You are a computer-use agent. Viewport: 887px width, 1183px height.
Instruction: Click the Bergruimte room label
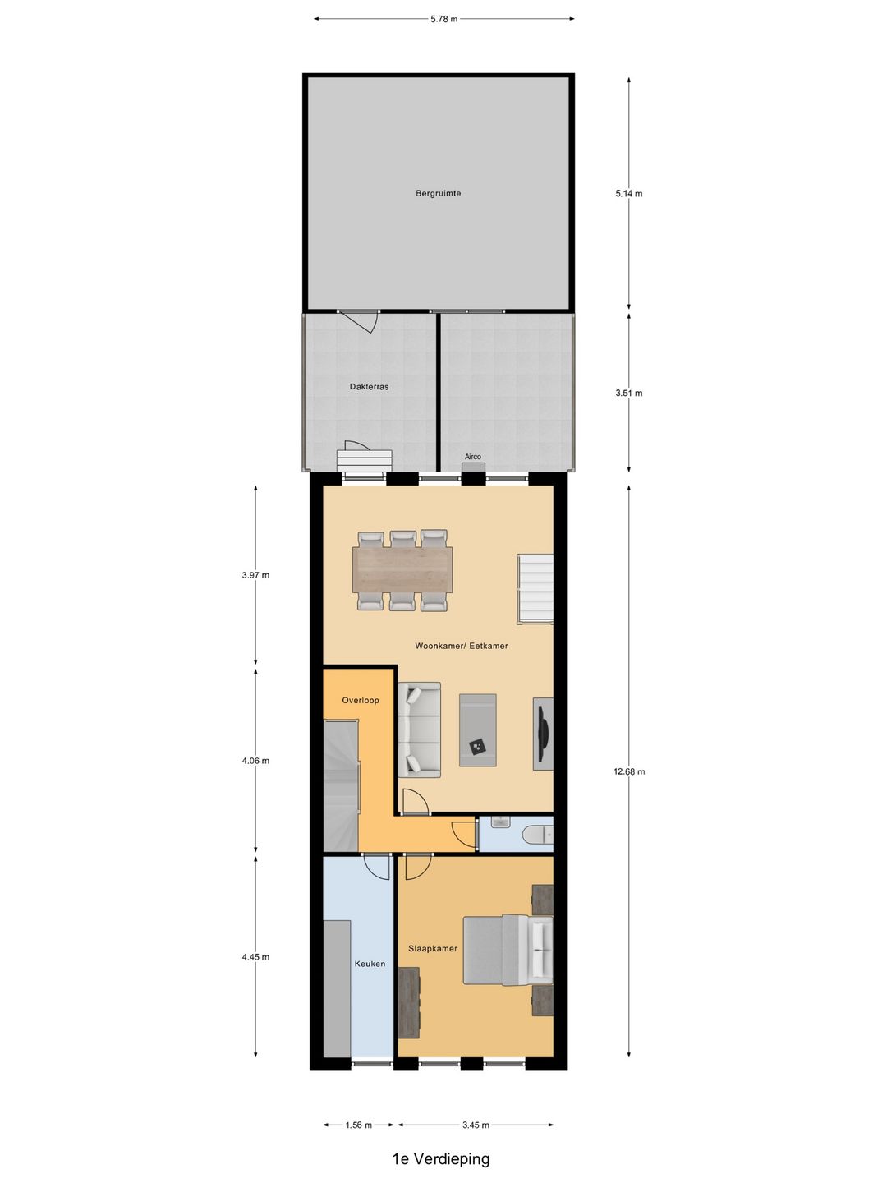coord(438,193)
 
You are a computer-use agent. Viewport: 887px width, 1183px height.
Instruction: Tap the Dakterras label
coord(369,386)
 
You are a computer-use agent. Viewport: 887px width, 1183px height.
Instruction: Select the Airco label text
coord(473,457)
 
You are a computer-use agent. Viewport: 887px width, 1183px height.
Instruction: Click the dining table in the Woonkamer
coord(402,569)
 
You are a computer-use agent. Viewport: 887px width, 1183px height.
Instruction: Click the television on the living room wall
coord(544,734)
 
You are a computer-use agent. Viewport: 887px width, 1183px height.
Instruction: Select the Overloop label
coord(361,700)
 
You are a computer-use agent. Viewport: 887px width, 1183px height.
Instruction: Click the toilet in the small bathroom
coord(537,835)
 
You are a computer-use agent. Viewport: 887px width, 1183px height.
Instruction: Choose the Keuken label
coord(370,963)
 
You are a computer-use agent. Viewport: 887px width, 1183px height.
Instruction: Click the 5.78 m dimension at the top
coord(443,19)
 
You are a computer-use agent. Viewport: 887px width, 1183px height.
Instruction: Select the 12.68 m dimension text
coord(629,771)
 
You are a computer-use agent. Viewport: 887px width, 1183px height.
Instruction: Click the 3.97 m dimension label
coord(255,574)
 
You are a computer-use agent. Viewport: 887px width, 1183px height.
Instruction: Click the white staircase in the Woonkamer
coord(535,588)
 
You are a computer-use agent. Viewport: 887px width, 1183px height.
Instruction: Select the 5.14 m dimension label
coord(629,194)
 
